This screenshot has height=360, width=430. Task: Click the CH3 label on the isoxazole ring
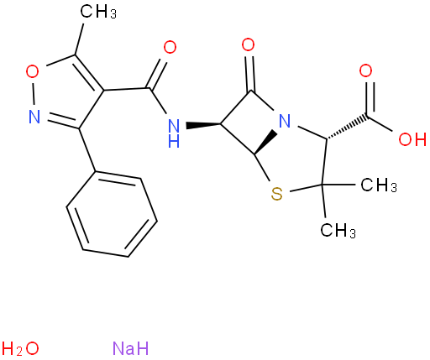[98, 12]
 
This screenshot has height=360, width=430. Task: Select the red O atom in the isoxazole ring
[32, 71]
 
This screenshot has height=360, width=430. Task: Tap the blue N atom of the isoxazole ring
[34, 117]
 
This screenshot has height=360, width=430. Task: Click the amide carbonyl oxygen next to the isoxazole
[170, 47]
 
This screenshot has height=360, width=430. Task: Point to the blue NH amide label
[174, 133]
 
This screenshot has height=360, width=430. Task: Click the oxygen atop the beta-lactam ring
[248, 44]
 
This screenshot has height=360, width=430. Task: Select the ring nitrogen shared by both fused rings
[285, 121]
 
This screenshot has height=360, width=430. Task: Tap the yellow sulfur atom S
[277, 194]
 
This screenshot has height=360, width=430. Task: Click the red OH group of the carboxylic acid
[412, 139]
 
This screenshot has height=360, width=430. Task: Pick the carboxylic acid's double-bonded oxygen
[365, 70]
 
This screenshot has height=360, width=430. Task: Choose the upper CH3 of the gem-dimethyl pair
[379, 185]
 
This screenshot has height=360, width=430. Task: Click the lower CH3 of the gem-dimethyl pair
[338, 231]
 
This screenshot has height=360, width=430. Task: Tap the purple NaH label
[130, 348]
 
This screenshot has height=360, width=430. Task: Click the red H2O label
[20, 348]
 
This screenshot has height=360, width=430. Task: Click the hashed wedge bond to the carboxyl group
[347, 128]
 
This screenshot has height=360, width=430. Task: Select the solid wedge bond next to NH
[203, 124]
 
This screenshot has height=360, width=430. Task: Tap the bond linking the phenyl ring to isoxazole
[87, 150]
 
